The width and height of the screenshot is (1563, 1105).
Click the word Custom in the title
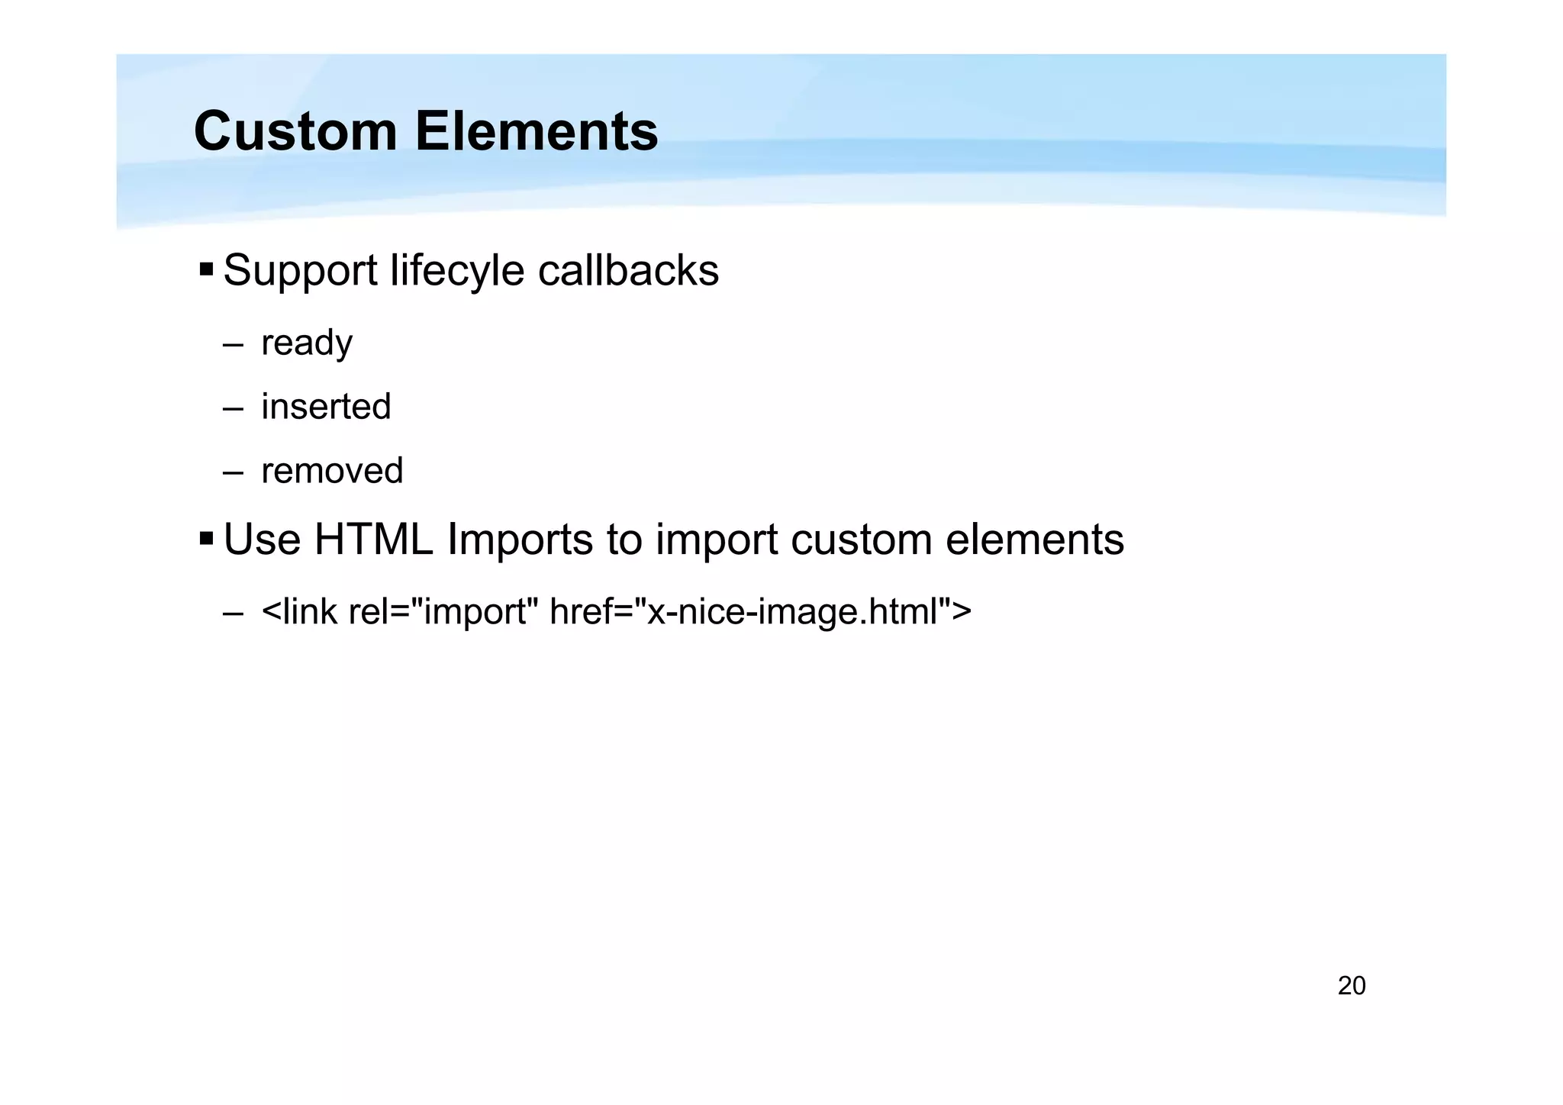(x=295, y=131)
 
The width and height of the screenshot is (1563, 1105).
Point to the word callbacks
(x=628, y=270)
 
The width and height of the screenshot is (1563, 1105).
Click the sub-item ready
(x=307, y=343)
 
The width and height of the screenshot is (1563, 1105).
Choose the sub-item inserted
(x=326, y=407)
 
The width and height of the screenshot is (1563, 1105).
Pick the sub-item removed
(x=332, y=471)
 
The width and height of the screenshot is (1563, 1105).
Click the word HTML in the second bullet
(x=373, y=540)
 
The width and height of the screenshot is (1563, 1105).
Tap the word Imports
(x=520, y=540)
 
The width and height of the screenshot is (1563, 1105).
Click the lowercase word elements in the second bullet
(x=1035, y=540)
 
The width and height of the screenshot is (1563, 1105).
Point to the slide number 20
(x=1351, y=986)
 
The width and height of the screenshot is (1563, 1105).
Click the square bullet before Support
(x=206, y=269)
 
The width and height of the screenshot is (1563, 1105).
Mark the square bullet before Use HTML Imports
(x=206, y=540)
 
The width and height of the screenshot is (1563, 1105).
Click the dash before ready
(x=233, y=345)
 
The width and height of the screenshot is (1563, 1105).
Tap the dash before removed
(x=233, y=473)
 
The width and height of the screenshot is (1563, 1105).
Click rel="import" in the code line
(x=443, y=612)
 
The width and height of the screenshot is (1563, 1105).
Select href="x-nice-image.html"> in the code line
(x=760, y=612)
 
